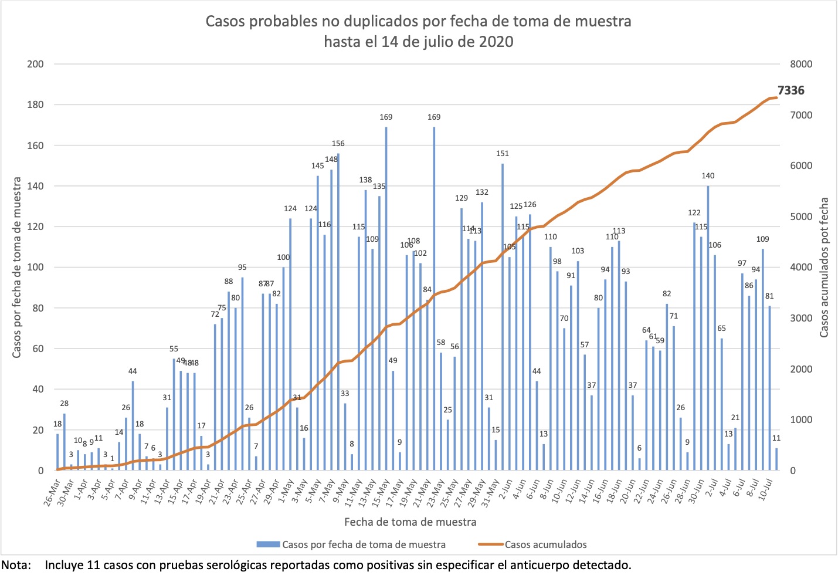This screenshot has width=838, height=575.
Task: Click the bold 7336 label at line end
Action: coord(790,90)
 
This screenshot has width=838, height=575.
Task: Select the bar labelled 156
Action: coord(338,312)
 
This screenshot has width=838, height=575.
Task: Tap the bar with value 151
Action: coord(503,317)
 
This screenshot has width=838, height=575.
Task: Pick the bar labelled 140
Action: coord(708,328)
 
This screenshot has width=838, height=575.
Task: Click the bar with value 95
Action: coord(242,374)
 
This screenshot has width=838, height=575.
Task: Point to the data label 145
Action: coord(317,166)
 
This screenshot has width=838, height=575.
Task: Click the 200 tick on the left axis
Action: coord(36,64)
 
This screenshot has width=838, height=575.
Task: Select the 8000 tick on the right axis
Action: coord(801,64)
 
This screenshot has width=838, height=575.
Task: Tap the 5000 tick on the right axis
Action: coord(801,217)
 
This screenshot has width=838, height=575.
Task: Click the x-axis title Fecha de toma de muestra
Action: coord(410,522)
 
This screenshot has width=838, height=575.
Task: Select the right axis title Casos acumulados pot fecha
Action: coord(824,268)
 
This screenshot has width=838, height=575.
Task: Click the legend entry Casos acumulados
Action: coord(545,544)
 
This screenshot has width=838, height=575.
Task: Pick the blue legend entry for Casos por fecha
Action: coord(364,544)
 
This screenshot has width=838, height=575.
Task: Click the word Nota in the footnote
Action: coord(16,566)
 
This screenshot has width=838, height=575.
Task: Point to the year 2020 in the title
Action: coord(496,42)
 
